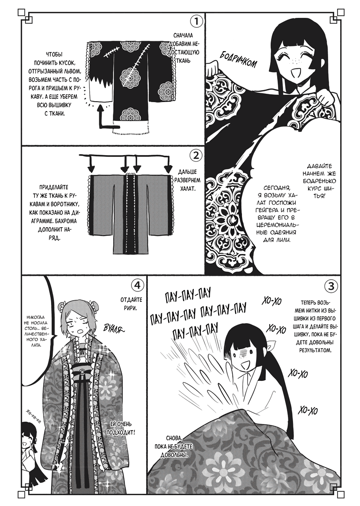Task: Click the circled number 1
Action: point(197,22)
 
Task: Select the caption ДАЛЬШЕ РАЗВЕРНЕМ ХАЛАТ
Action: point(187,180)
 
